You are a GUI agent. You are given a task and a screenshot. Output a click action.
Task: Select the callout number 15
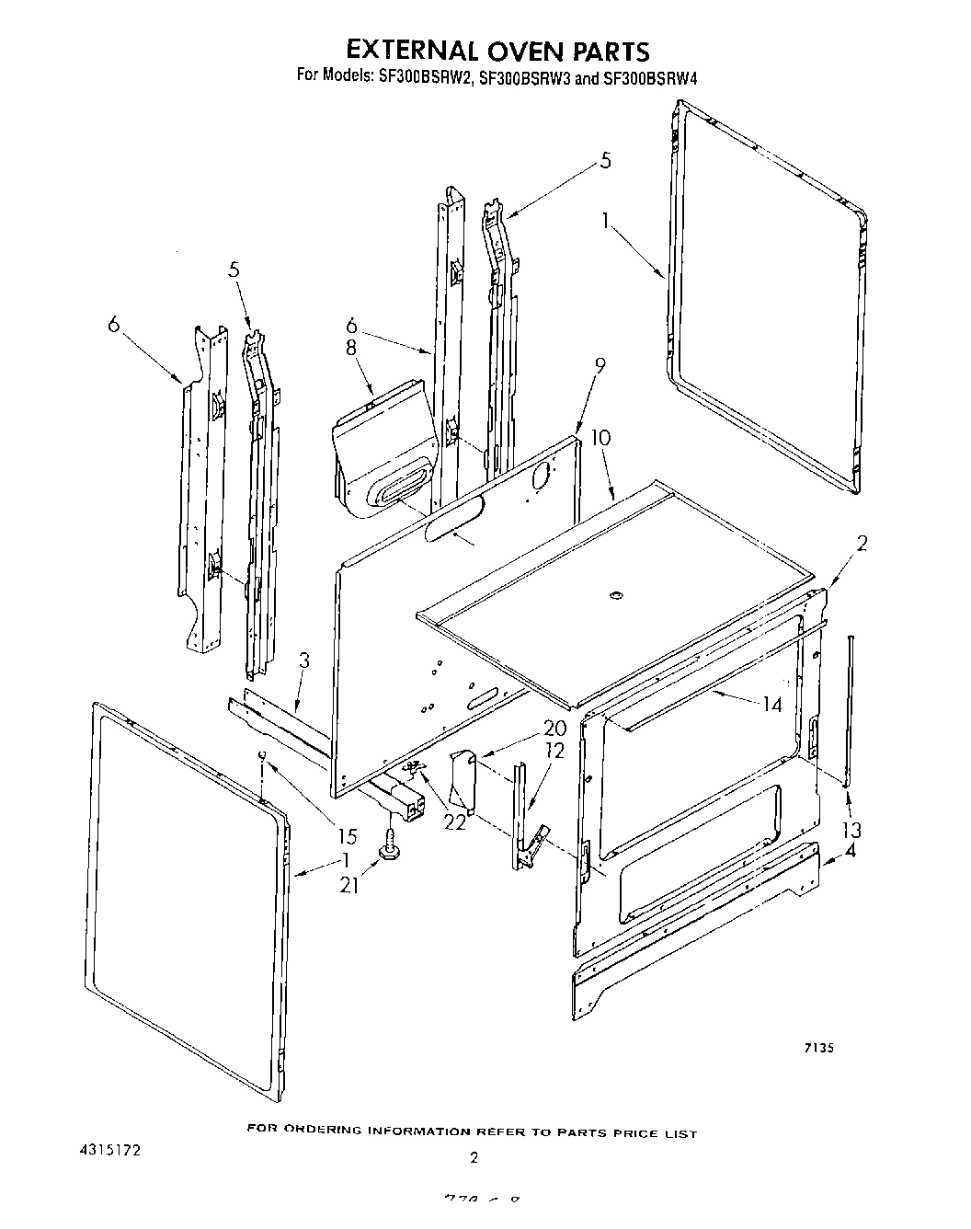pos(346,836)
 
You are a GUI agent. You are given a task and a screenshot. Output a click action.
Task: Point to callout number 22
pos(454,821)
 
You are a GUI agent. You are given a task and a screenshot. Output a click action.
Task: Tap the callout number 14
pos(771,705)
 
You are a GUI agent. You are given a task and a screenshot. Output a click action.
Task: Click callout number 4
pos(851,851)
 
